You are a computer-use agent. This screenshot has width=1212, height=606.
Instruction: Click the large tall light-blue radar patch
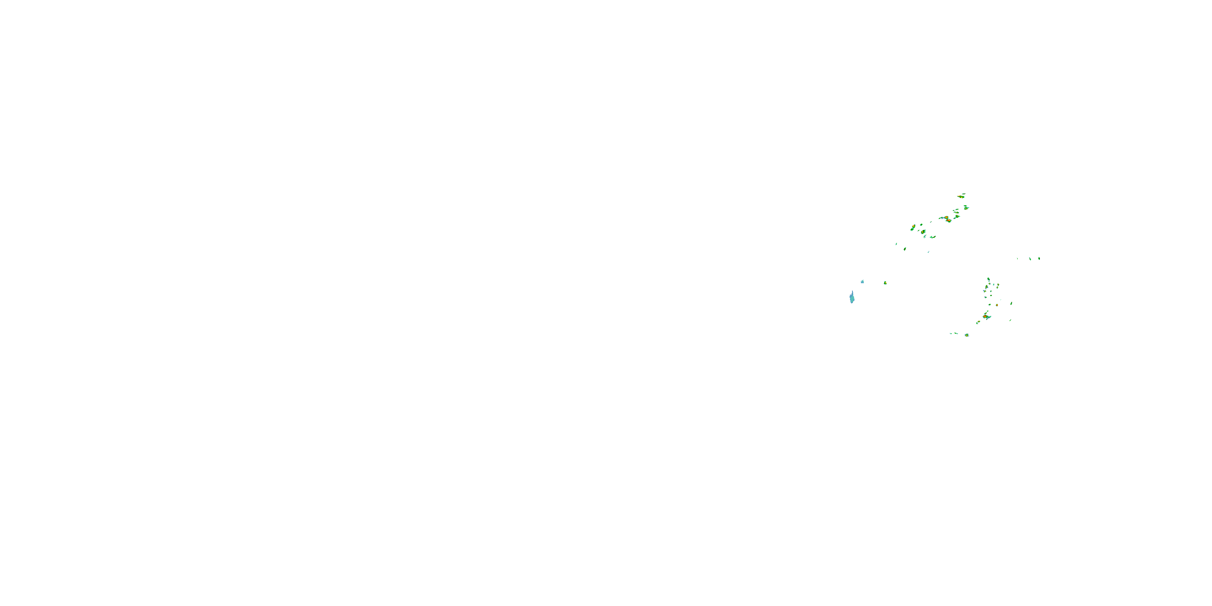pos(852,297)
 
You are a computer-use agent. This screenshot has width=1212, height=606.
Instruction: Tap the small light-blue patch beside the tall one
pos(862,281)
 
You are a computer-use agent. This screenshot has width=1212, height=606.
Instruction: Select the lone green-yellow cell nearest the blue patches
pos(885,283)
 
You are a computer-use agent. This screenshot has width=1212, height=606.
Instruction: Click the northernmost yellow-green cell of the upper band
pos(961,196)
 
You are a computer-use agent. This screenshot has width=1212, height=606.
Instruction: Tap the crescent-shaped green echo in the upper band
pos(932,237)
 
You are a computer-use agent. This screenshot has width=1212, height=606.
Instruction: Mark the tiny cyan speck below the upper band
pos(928,252)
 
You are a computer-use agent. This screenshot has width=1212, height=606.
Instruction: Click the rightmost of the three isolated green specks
pos(1039,258)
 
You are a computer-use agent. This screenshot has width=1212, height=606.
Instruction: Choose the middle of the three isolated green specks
pos(1030,259)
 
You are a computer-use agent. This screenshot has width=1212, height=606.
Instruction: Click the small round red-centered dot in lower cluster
pos(997,305)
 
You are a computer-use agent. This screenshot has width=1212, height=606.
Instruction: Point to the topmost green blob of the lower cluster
pos(989,280)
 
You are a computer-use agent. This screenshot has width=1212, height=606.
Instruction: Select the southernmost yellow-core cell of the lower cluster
pos(966,335)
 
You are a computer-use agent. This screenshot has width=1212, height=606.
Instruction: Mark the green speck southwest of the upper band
pos(896,244)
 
